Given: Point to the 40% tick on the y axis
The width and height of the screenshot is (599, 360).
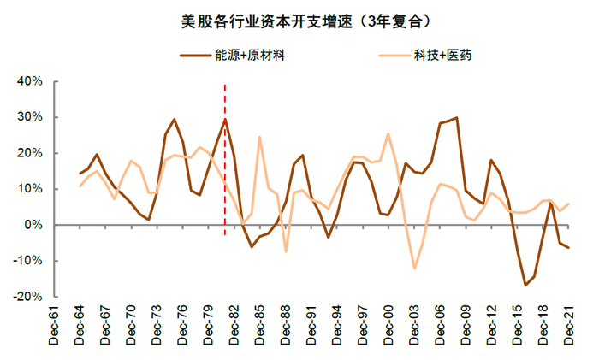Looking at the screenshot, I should [x=30, y=81].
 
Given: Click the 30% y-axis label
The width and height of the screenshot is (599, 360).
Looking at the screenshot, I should [x=30, y=117].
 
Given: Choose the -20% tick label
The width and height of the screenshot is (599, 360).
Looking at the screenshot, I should [x=27, y=297].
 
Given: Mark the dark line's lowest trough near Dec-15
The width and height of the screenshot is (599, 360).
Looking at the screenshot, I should [x=525, y=285].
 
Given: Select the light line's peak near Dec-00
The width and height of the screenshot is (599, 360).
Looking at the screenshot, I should [x=388, y=133].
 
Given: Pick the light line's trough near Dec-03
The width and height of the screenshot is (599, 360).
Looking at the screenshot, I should [x=414, y=269].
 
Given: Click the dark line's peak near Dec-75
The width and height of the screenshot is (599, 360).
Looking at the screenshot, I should [x=174, y=120].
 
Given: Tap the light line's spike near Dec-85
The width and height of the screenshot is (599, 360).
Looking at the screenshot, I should [x=259, y=137].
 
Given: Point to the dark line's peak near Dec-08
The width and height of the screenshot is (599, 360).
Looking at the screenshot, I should [x=456, y=118].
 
